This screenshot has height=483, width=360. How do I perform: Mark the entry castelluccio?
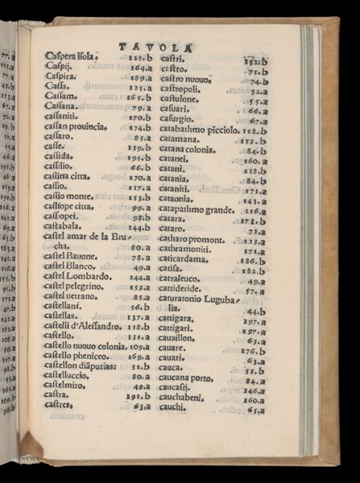(68, 375)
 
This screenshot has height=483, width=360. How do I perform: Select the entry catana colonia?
(190, 150)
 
